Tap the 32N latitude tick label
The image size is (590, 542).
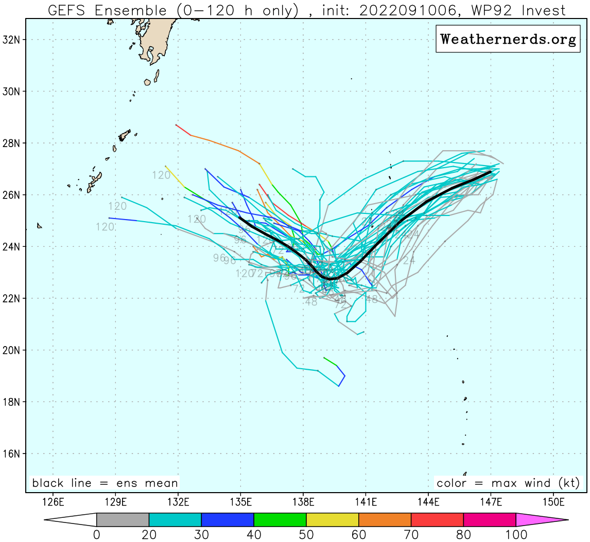(x=11, y=40)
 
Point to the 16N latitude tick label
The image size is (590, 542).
(x=11, y=454)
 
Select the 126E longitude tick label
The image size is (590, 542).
(x=53, y=501)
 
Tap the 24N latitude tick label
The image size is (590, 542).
(x=11, y=247)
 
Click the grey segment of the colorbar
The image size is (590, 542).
(x=123, y=520)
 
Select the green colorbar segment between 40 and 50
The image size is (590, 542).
(x=280, y=520)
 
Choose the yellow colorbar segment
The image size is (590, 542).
(x=333, y=520)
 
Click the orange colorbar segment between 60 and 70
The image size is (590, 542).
(x=385, y=520)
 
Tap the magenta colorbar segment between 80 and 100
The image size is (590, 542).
(x=490, y=520)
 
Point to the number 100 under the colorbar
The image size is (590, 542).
(x=516, y=535)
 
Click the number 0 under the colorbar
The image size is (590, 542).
(x=97, y=535)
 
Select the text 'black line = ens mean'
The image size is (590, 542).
(x=105, y=483)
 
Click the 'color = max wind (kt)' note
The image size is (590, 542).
(x=508, y=483)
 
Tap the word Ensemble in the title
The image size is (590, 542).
(x=131, y=10)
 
